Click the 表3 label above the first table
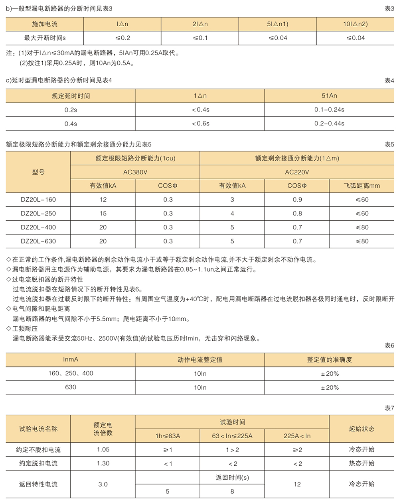(x=389, y=9)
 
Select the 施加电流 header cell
(x=45, y=24)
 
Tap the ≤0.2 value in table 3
(x=122, y=38)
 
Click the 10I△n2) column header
(x=356, y=24)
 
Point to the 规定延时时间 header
(x=71, y=96)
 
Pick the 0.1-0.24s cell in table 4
(x=329, y=110)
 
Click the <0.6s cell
(x=200, y=124)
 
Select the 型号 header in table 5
(x=38, y=172)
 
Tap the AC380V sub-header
(x=135, y=172)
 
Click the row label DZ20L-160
(x=38, y=200)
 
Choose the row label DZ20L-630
(x=38, y=241)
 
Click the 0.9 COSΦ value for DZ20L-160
(x=297, y=200)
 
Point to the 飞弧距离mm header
(x=361, y=186)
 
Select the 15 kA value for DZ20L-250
(x=103, y=214)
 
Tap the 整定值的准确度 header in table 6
(x=329, y=360)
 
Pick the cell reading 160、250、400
(x=71, y=374)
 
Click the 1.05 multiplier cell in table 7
(x=103, y=449)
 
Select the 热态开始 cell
(x=361, y=463)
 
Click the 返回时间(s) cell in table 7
(x=232, y=477)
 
